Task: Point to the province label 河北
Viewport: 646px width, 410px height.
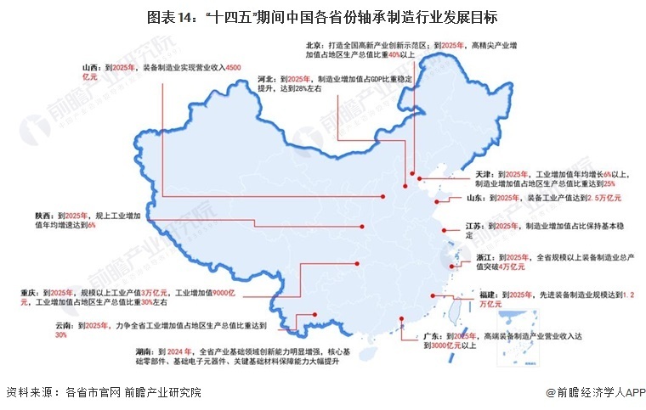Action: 266,78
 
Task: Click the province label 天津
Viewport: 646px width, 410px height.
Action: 483,172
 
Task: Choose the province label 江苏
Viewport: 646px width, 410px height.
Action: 475,226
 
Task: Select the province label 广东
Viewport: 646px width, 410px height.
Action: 433,337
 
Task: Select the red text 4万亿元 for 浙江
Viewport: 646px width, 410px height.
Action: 510,267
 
